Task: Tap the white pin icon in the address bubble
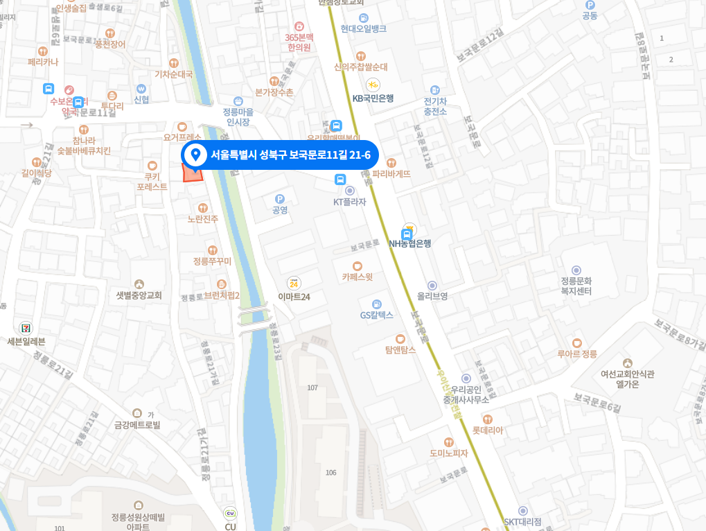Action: (195, 155)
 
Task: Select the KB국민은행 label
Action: (373, 98)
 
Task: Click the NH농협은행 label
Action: (410, 243)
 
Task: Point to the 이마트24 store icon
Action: (294, 283)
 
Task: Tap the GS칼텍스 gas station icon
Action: (376, 304)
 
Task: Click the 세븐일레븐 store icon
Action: (26, 327)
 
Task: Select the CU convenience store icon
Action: (230, 514)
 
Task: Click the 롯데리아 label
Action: (488, 430)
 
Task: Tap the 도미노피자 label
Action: (449, 453)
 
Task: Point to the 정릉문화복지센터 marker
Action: (576, 270)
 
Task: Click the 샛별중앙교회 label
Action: (139, 295)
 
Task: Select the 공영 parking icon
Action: (280, 199)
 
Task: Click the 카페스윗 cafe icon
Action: (358, 265)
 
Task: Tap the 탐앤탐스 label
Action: (400, 350)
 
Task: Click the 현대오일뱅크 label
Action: (364, 29)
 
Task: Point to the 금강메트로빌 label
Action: (137, 425)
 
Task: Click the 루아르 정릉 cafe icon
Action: (577, 342)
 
